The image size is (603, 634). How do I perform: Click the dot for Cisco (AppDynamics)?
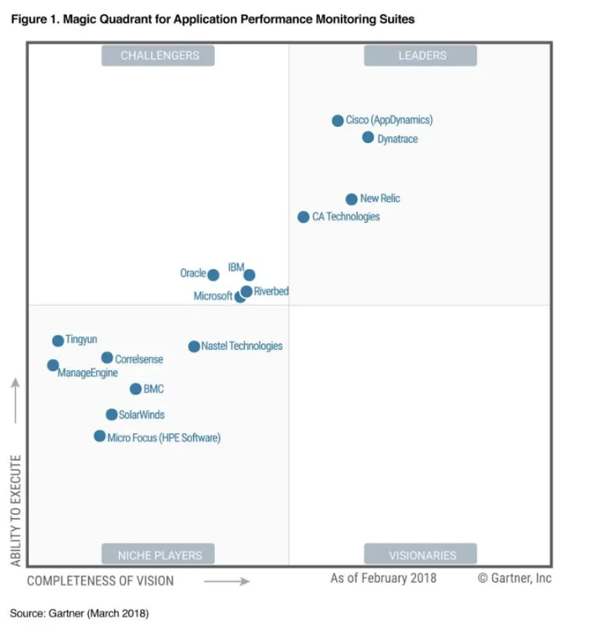click(x=337, y=120)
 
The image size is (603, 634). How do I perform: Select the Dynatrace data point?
click(x=368, y=137)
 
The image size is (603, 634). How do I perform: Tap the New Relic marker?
click(x=352, y=199)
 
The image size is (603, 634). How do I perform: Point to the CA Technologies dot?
click(x=303, y=217)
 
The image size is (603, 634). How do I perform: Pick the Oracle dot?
click(x=213, y=275)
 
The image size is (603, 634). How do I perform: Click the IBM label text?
click(x=235, y=268)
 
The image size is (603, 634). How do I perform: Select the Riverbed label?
click(x=271, y=291)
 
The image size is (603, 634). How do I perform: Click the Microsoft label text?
click(x=213, y=297)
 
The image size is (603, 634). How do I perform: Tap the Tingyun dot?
click(x=58, y=341)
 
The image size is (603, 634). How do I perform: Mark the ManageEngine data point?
click(x=53, y=365)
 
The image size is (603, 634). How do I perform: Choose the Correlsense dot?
click(x=107, y=358)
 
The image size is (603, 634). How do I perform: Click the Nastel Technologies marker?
click(x=194, y=346)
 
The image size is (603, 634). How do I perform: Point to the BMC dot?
click(x=135, y=389)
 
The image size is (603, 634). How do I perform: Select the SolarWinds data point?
click(x=111, y=414)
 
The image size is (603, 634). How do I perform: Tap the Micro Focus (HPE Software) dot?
click(x=99, y=436)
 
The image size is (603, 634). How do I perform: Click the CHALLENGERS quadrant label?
click(x=158, y=56)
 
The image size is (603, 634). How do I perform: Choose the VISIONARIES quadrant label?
click(x=421, y=554)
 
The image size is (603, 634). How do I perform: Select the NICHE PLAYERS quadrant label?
click(x=158, y=554)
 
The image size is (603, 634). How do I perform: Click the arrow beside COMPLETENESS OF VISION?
click(x=227, y=581)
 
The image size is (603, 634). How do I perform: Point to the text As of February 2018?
click(x=383, y=578)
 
